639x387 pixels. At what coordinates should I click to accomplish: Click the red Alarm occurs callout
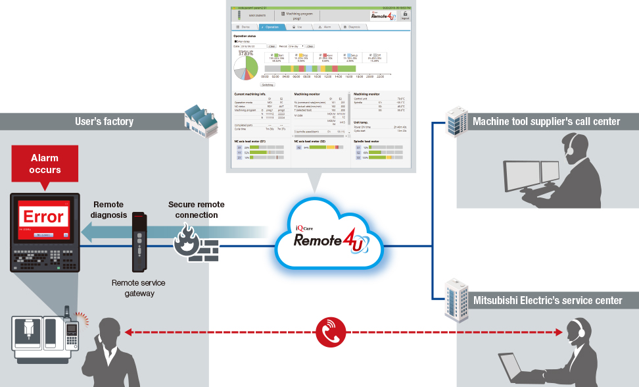pos(45,165)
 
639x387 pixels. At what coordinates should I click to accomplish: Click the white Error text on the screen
pos(44,216)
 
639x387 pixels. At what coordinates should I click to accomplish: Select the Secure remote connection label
pos(193,210)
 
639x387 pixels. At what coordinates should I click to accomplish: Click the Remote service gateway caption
pos(138,288)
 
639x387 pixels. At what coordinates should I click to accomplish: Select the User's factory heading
pos(105,121)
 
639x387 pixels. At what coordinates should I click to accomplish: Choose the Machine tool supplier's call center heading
pos(546,121)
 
